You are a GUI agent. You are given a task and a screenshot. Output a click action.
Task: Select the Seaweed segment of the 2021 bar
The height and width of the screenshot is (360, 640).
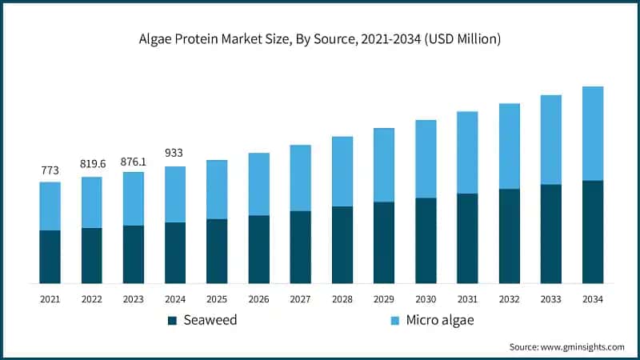click(x=50, y=256)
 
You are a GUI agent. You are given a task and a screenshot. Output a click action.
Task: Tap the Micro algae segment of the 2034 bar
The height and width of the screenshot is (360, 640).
click(x=592, y=133)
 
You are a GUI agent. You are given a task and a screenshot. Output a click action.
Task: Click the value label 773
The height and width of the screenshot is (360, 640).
click(x=50, y=170)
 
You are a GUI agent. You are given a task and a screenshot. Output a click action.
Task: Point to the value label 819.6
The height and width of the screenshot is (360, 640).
click(x=92, y=164)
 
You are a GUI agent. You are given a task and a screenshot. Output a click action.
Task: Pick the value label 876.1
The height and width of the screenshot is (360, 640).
click(x=134, y=160)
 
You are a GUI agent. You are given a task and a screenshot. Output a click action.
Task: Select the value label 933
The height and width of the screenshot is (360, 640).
click(x=175, y=153)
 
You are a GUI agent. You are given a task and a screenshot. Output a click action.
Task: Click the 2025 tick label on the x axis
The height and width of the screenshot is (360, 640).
click(x=217, y=298)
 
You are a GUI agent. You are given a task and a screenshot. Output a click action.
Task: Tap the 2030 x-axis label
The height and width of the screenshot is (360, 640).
click(x=426, y=298)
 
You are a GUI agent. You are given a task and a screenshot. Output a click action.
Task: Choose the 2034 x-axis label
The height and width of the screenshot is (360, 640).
click(x=592, y=298)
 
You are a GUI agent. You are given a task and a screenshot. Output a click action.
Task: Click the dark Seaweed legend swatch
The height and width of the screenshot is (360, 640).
click(x=172, y=321)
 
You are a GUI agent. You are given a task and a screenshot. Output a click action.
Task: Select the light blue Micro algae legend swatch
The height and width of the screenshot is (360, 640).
click(x=394, y=321)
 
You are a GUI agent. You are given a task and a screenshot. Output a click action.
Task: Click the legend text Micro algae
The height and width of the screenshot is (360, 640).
click(x=440, y=321)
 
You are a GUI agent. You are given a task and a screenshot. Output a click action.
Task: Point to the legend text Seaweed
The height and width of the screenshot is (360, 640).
click(x=210, y=321)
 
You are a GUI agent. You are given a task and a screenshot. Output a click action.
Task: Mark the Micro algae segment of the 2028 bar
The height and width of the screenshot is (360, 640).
click(x=342, y=171)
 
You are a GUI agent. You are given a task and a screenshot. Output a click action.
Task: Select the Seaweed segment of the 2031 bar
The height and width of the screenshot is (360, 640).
click(x=467, y=238)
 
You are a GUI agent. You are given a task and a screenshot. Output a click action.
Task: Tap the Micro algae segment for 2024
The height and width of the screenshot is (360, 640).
click(x=175, y=194)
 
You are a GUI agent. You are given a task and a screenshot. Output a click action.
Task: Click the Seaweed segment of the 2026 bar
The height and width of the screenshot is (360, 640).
click(x=258, y=249)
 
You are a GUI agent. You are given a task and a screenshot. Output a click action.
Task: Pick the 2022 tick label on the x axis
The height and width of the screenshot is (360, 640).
click(x=92, y=298)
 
